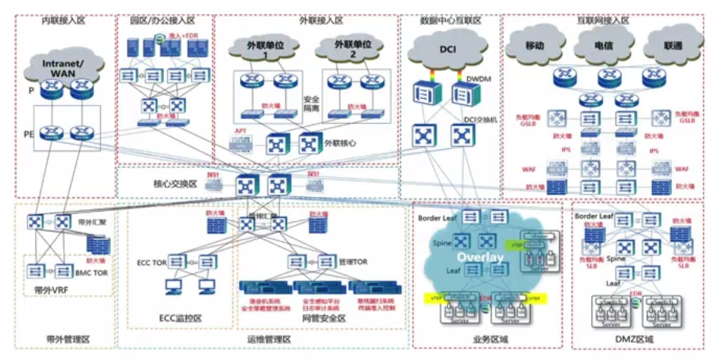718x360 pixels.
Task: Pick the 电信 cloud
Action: click(x=602, y=47)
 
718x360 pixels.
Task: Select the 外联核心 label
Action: click(x=342, y=144)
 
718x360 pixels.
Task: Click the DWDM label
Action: click(x=478, y=79)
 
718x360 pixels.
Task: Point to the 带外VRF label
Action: click(x=52, y=290)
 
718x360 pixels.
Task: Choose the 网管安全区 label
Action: click(x=323, y=318)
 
